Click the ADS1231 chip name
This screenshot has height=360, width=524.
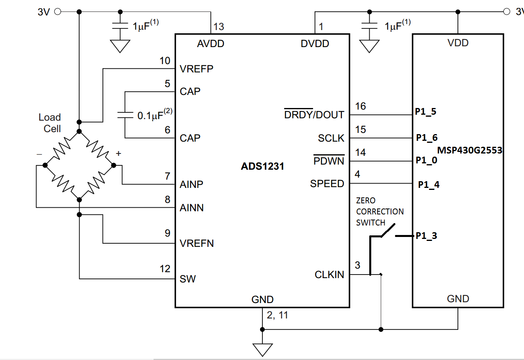coord(262,166)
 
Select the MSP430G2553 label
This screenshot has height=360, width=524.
coord(469,150)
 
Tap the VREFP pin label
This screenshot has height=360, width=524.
coord(196,69)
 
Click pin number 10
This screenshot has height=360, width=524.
coord(165,61)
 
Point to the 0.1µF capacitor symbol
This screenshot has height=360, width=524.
coord(125,115)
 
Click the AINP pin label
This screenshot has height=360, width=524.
coord(191,184)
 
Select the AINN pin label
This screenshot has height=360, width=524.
coord(192,208)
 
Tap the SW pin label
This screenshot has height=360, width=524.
coord(188,279)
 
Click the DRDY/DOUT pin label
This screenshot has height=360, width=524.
coord(314,115)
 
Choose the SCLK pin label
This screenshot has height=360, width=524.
coord(331,138)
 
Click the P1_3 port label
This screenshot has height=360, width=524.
coord(426,236)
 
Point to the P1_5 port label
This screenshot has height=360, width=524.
coord(425,112)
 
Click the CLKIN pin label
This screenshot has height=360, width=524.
coord(329,275)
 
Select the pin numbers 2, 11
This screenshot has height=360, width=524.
coord(277,315)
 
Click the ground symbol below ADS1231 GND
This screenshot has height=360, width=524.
coord(262,349)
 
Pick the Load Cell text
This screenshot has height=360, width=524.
coord(50,123)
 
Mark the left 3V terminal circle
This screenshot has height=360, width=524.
coord(57,12)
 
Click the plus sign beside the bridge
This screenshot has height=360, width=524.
coord(118,153)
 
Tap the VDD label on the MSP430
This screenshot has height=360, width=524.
coord(458,43)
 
